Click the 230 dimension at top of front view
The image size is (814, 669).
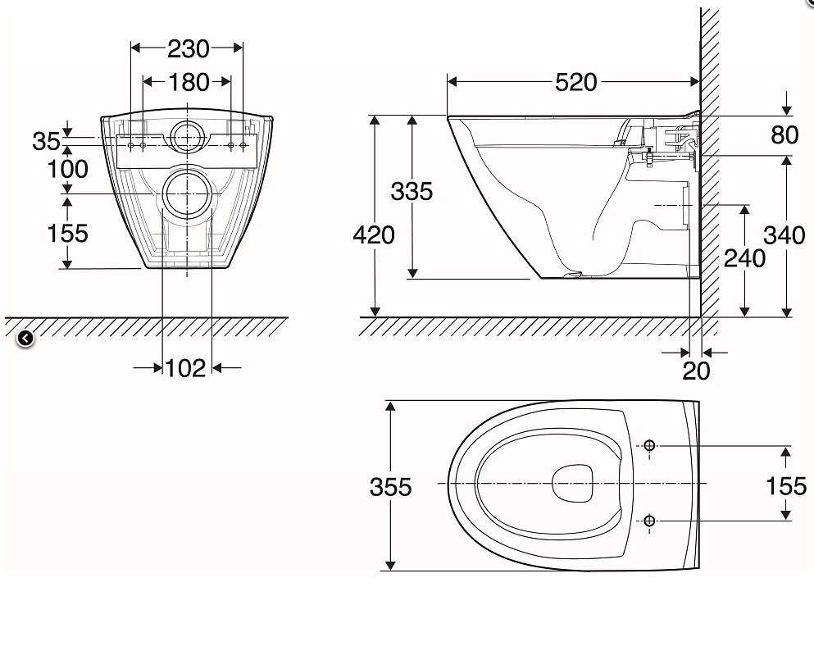coord(188,49)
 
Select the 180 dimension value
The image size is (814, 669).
coord(188,82)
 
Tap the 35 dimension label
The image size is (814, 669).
coord(46,141)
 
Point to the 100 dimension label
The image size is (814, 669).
coord(67,170)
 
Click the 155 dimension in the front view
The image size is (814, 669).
coord(67,233)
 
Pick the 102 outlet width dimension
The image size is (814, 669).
coord(185,368)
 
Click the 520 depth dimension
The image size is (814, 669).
coord(576,82)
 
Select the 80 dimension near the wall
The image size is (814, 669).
coord(784,135)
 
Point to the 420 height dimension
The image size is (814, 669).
coord(374,235)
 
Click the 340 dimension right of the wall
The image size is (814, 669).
coord(784,235)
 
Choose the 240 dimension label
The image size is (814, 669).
coord(744,258)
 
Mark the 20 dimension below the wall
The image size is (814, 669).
coord(696,371)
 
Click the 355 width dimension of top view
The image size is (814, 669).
coord(390,486)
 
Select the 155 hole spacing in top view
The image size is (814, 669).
coord(786,486)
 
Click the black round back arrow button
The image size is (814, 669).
coord(25,337)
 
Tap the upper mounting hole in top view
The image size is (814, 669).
coord(649,446)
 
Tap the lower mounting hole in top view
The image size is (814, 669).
coord(649,521)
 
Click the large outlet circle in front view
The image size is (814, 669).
coord(189,193)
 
